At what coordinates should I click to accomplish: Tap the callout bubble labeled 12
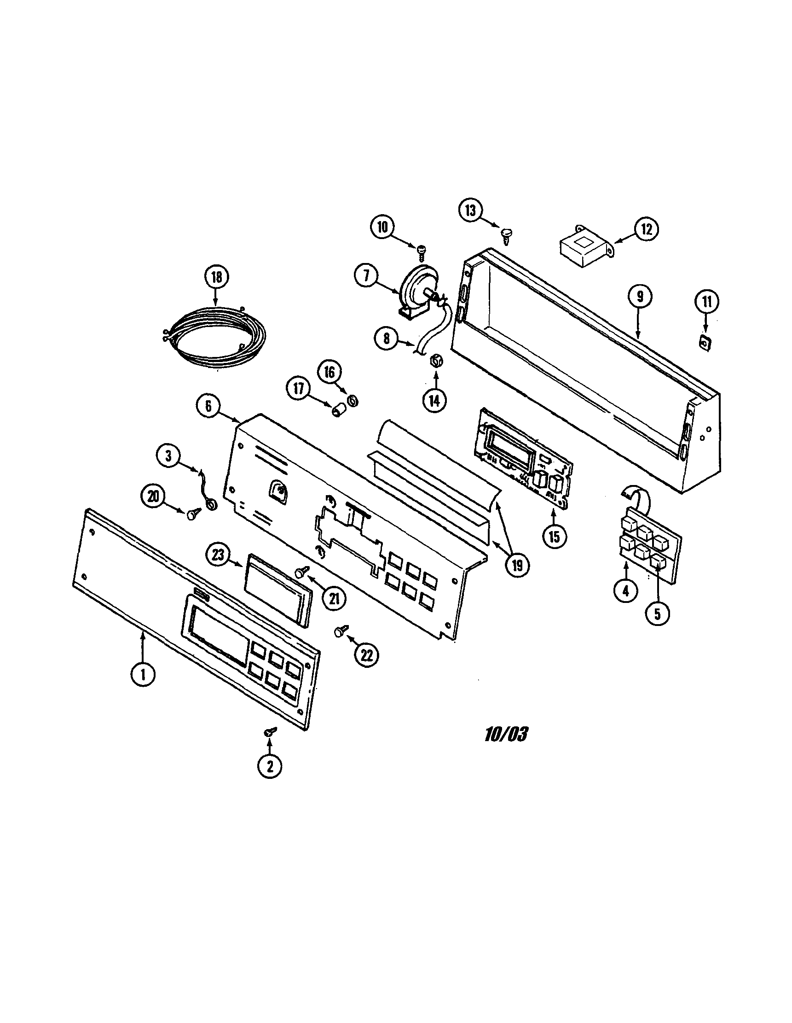647,229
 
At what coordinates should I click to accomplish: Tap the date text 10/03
506,735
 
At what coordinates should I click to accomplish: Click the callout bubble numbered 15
554,537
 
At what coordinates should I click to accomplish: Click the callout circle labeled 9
640,296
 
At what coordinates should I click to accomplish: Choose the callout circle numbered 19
516,565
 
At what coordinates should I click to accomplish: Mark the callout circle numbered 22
366,655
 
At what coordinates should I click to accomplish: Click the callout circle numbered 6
208,406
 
